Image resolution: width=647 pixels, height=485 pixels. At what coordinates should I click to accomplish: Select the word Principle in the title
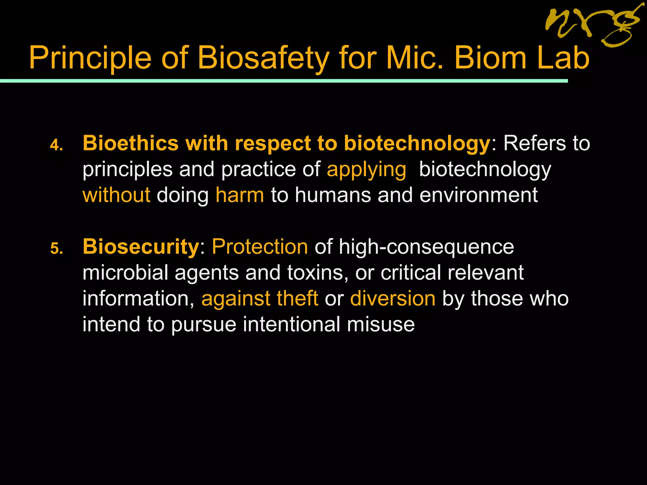[x=90, y=58]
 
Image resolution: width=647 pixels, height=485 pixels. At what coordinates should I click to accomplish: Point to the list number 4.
[x=57, y=146]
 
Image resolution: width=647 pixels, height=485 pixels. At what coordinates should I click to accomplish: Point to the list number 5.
[x=57, y=249]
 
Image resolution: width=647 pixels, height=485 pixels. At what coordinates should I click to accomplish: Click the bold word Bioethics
[x=131, y=143]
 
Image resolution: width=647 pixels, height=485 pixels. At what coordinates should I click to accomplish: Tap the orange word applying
[x=366, y=170]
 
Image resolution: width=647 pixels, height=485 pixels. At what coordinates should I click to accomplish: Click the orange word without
[x=116, y=195]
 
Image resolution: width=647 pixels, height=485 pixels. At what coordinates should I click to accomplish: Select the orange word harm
[x=239, y=195]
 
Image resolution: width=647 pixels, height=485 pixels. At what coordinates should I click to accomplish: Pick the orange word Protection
[x=260, y=247]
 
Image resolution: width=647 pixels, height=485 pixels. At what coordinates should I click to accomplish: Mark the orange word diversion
[x=393, y=298]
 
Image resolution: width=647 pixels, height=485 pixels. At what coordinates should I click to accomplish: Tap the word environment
[x=479, y=195]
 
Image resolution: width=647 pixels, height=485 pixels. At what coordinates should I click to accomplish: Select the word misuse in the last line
[x=381, y=324]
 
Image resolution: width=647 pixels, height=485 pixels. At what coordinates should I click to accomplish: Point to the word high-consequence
[x=426, y=247]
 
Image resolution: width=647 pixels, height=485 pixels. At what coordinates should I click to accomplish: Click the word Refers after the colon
[x=534, y=143]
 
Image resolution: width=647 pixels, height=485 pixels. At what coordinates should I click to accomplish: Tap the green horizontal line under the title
[x=284, y=81]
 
